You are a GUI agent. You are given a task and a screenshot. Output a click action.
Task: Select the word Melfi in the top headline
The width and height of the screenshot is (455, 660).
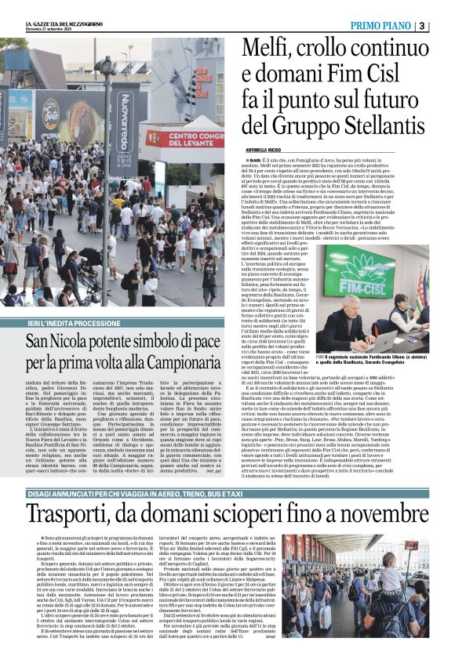(x=270, y=50)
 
